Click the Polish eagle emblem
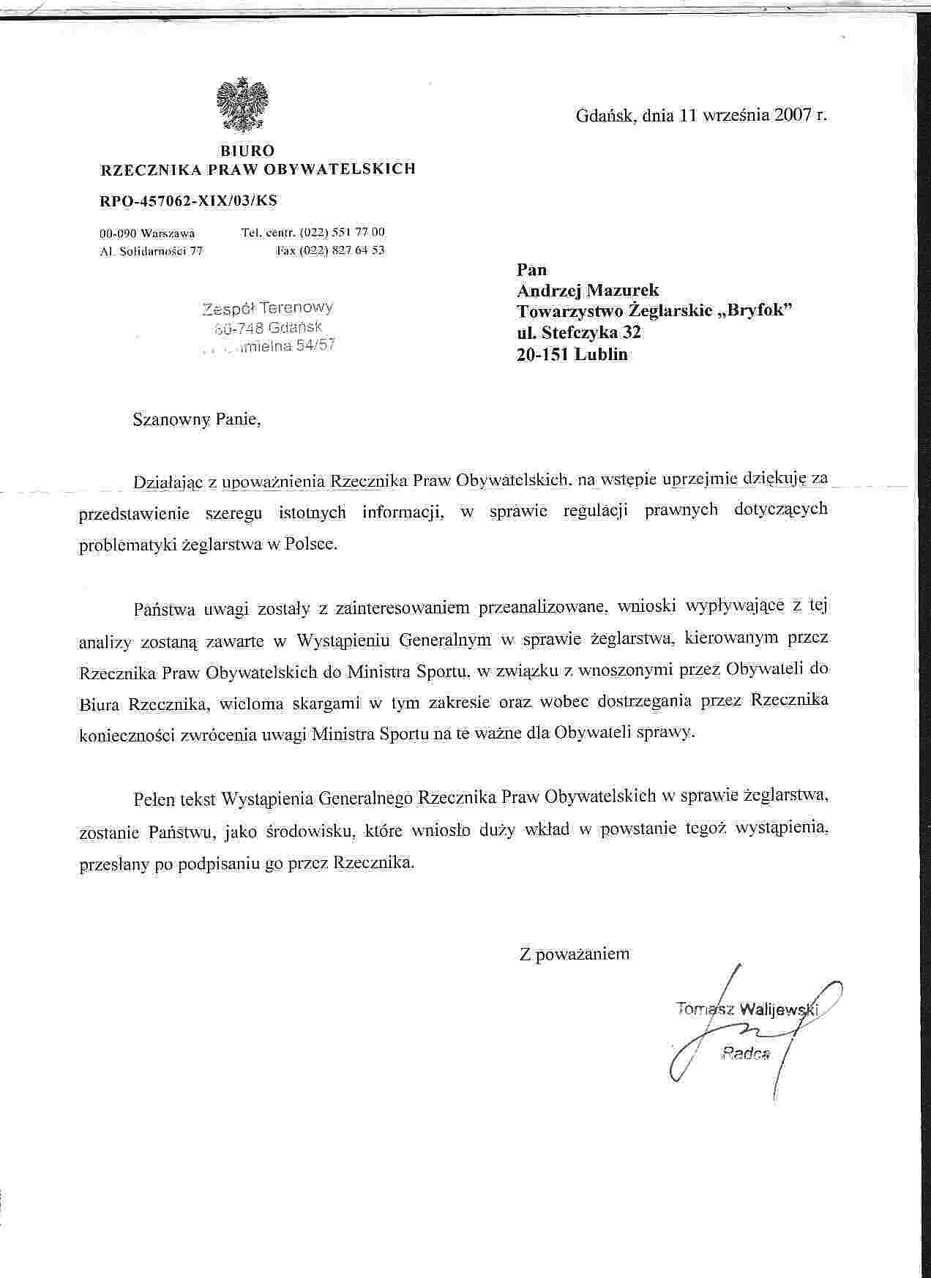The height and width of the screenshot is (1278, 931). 243,107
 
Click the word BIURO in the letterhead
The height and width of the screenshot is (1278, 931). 247,151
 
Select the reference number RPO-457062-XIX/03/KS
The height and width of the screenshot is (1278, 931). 188,201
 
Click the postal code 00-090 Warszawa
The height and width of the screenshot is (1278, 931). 147,233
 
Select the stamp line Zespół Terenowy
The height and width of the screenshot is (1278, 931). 268,308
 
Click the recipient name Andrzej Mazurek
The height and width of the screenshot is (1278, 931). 588,291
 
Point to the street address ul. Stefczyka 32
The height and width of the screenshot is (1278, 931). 579,332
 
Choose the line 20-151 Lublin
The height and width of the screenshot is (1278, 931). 572,355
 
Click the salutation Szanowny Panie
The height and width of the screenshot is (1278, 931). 196,420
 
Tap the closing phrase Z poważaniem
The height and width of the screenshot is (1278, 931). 574,954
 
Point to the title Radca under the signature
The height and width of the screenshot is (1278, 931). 746,1055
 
